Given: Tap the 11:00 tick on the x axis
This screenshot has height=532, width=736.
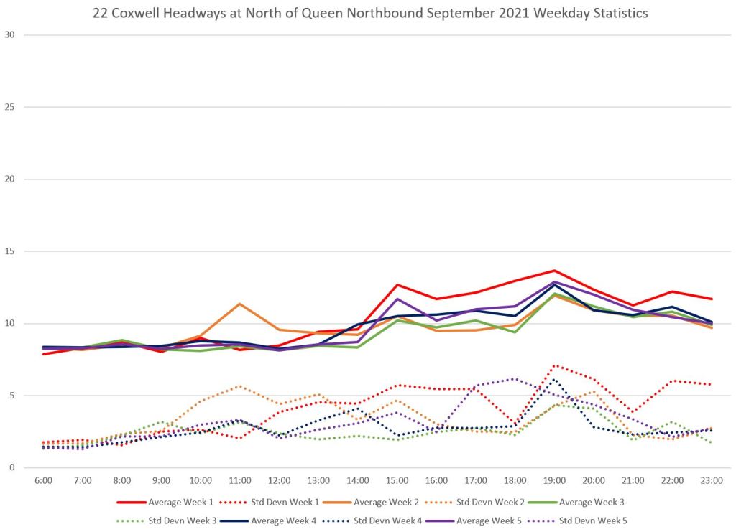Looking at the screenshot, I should (239, 480).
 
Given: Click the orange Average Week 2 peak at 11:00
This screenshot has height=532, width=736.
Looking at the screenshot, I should (239, 304).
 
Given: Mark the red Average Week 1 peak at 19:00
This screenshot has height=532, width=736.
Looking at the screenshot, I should (554, 271).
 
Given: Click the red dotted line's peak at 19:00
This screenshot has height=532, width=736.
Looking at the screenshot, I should (554, 365).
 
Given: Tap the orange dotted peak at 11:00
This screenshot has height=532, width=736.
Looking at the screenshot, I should (239, 386).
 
